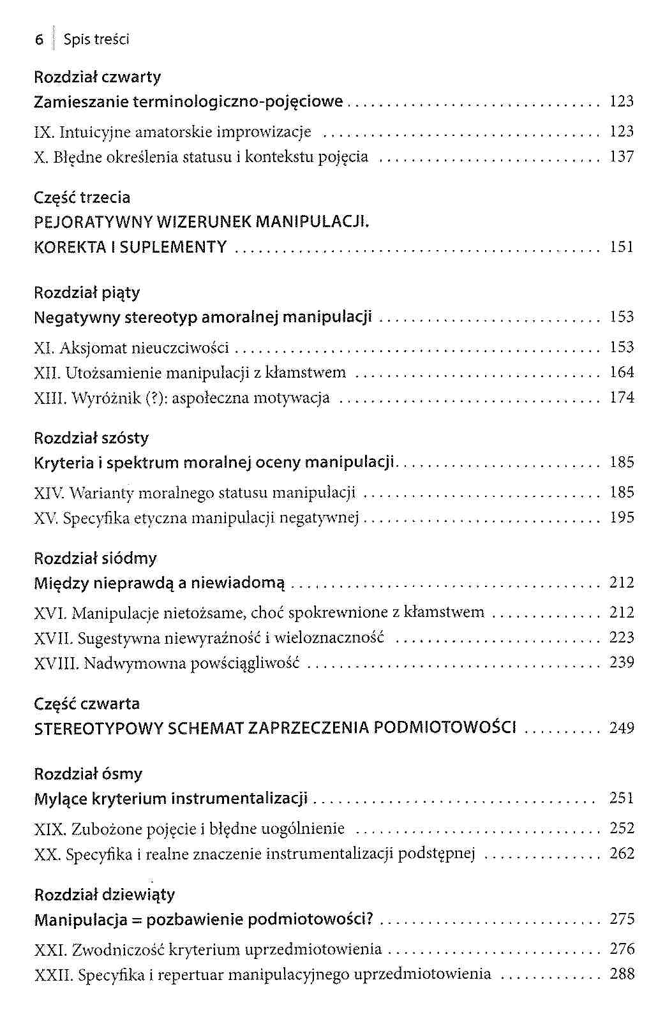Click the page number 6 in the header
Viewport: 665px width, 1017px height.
click(x=39, y=40)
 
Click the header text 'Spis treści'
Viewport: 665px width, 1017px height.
click(x=96, y=40)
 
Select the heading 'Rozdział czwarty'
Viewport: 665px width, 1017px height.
click(x=97, y=77)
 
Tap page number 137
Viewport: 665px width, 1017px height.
click(x=622, y=157)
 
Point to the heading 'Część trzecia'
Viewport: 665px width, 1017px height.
click(x=82, y=198)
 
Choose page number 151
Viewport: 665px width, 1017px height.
click(x=622, y=248)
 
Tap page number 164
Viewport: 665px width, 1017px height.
click(x=622, y=373)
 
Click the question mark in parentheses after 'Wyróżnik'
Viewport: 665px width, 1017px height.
click(x=153, y=399)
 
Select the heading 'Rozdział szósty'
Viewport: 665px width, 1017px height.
click(x=91, y=438)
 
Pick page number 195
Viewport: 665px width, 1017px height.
click(x=622, y=517)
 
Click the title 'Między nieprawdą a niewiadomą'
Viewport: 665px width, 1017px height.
click(x=160, y=583)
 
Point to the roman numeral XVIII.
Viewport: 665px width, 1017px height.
click(x=56, y=664)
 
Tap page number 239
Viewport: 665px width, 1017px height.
click(x=622, y=663)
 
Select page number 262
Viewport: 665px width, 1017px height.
click(x=622, y=854)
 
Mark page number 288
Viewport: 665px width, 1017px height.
click(x=622, y=974)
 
